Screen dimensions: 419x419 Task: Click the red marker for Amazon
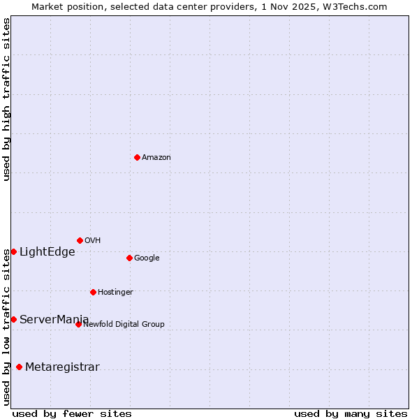(137, 157)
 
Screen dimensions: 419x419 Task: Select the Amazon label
(156, 158)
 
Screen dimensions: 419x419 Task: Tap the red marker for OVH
(80, 240)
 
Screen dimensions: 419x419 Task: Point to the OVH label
(93, 241)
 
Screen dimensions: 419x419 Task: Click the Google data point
(129, 258)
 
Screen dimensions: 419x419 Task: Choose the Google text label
(147, 258)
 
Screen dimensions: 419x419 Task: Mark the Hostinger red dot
(93, 292)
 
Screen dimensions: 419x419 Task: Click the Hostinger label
(115, 293)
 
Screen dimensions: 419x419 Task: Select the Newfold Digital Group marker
(78, 324)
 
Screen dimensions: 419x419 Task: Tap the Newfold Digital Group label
(124, 325)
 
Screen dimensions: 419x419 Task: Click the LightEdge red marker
(13, 251)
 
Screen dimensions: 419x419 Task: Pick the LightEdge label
(47, 252)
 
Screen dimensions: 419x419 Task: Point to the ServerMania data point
(13, 319)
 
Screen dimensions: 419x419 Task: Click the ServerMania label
(54, 320)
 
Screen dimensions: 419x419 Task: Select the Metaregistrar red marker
(19, 367)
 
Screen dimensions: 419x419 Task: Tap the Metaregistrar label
(62, 367)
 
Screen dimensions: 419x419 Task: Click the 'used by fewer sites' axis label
(72, 414)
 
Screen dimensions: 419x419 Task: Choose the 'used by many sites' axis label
(351, 414)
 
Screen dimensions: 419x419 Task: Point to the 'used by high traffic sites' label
(7, 99)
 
